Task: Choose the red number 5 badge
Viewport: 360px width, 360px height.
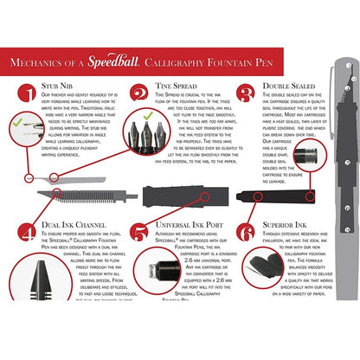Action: [138, 231]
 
